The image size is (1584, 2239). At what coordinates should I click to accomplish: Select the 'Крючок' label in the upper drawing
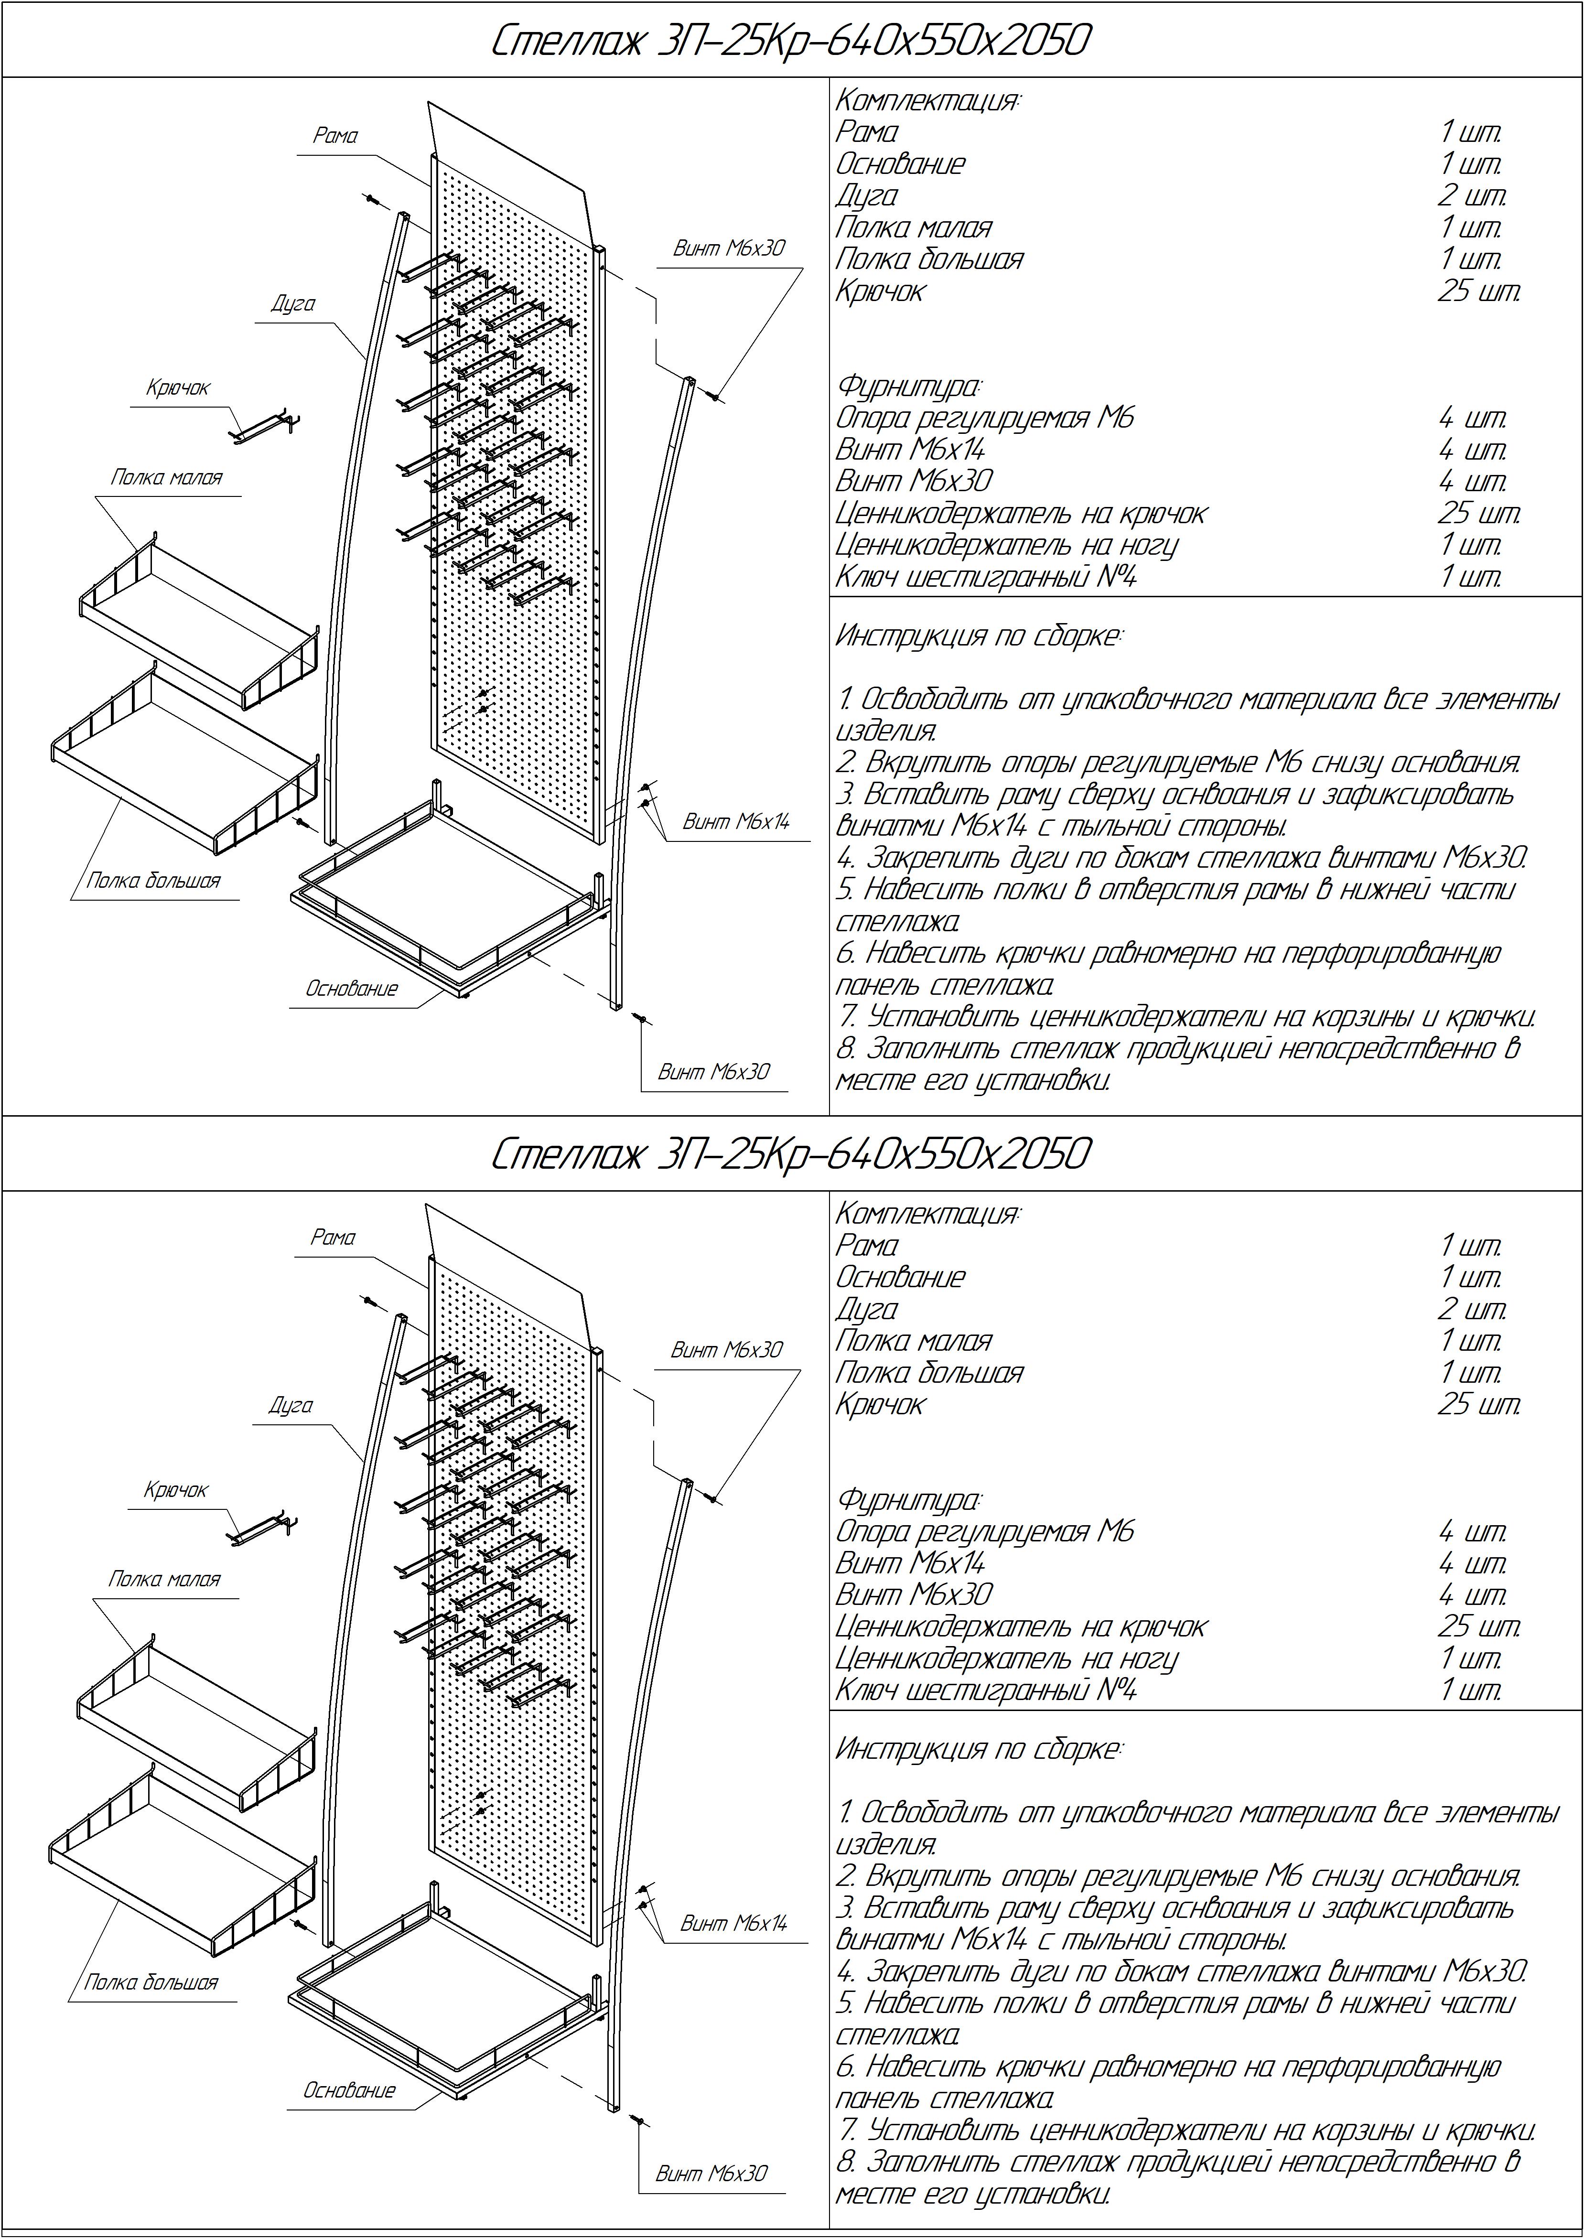178,388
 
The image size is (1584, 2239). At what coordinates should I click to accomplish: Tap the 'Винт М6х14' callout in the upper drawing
735,822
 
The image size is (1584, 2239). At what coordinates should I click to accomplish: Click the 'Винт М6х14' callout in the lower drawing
733,1924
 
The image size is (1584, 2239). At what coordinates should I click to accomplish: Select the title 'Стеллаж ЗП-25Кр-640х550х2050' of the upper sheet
790,41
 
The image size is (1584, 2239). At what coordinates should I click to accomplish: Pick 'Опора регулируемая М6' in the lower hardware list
985,1532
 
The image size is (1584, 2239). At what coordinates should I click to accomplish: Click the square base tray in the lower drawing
449,2009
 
